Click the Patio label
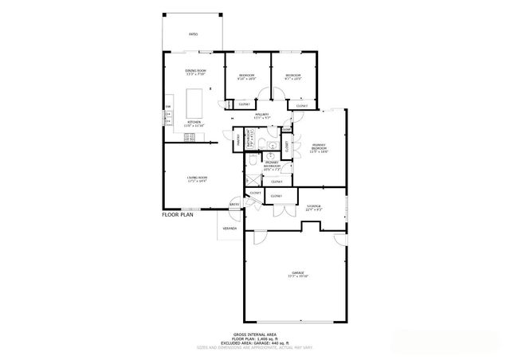[193, 34]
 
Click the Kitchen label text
[194, 123]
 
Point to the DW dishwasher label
[167, 107]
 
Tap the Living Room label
[197, 178]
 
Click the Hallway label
[261, 115]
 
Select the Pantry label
[237, 141]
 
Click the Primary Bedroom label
[319, 148]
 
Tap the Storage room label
[313, 206]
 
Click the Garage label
[297, 273]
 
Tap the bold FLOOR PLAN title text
[178, 215]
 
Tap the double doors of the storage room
[279, 211]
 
